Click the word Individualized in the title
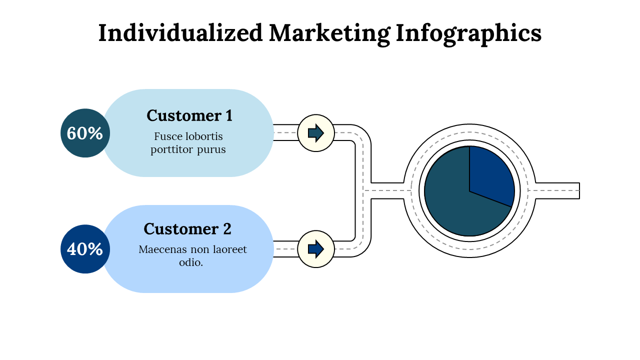click(180, 33)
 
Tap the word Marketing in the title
click(329, 33)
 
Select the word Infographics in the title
click(468, 33)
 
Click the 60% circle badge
click(85, 133)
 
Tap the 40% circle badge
click(85, 249)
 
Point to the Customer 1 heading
click(189, 115)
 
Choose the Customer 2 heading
click(187, 228)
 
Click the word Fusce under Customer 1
click(168, 136)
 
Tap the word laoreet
click(228, 249)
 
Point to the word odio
click(191, 262)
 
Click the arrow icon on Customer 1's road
click(316, 133)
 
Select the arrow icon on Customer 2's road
click(316, 249)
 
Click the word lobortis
click(204, 136)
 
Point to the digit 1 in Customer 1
click(228, 115)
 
